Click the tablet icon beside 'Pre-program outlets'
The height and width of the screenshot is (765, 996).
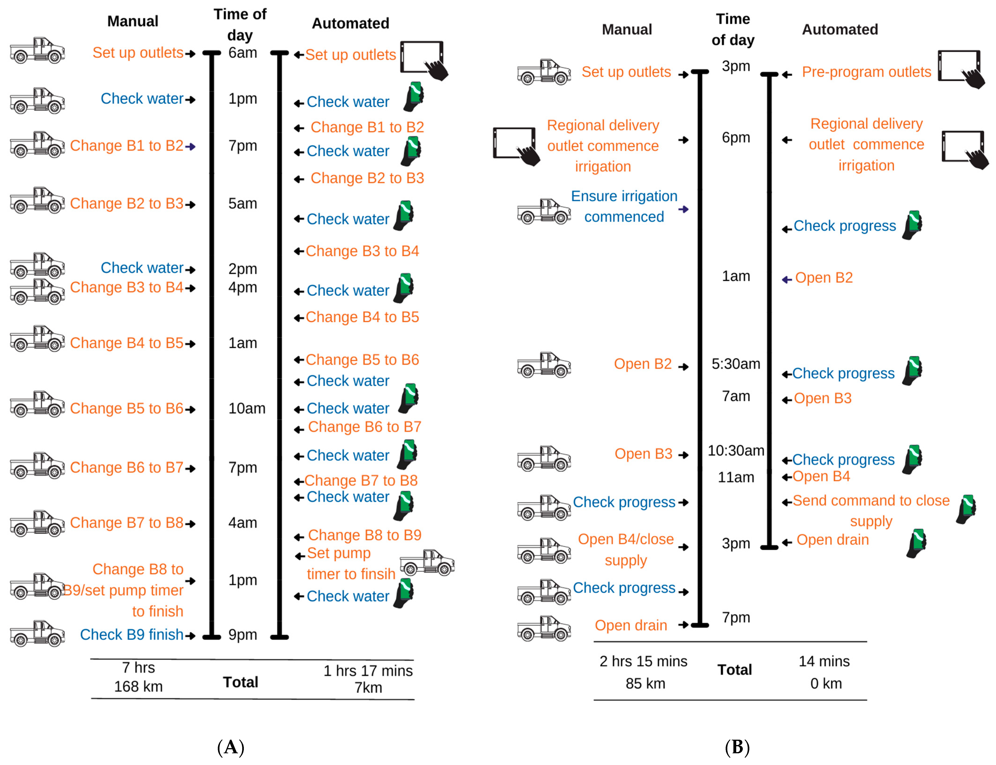961,68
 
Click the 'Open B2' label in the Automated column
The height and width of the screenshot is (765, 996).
823,278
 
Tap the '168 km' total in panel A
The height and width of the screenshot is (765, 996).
138,686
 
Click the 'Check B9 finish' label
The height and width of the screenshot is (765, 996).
132,634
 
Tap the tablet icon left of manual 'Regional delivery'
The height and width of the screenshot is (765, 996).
516,146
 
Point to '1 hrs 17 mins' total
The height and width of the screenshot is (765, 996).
368,671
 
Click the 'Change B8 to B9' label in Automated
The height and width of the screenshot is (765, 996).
364,535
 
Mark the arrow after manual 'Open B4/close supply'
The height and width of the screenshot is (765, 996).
683,547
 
